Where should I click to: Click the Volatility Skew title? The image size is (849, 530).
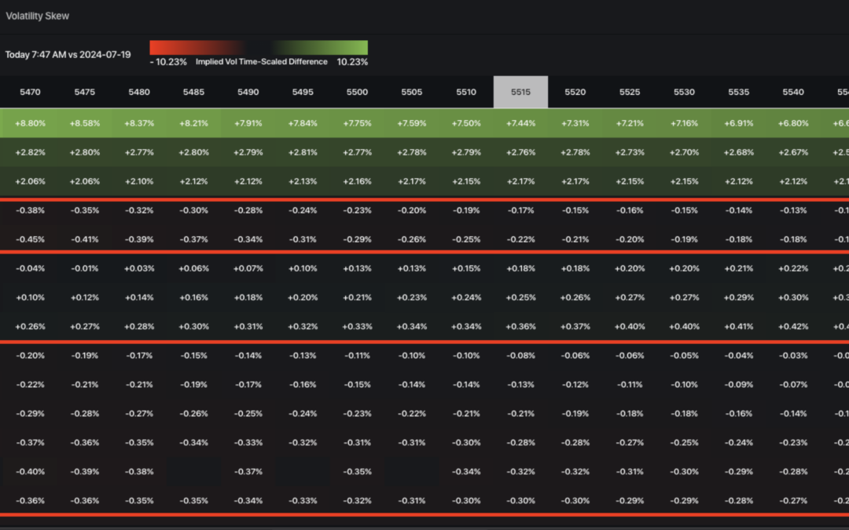(x=38, y=16)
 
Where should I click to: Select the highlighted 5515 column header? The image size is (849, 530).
(x=520, y=92)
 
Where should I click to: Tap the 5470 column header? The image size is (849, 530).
(x=30, y=92)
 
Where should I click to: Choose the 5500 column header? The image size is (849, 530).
(x=357, y=92)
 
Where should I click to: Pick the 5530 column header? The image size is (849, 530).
(x=684, y=92)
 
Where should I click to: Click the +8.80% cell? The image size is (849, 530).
(x=30, y=123)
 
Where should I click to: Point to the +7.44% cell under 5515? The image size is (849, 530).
(x=520, y=123)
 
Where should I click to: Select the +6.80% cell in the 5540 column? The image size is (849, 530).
(x=793, y=123)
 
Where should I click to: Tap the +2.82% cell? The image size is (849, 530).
(x=30, y=152)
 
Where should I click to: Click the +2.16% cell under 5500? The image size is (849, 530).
(x=357, y=181)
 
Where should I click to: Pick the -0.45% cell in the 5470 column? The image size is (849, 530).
(x=30, y=239)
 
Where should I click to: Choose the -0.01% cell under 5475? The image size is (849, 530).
(x=84, y=269)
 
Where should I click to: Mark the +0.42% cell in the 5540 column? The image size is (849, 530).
(x=793, y=327)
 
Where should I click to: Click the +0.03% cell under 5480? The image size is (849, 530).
(x=139, y=269)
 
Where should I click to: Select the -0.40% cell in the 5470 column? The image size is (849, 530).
(x=30, y=471)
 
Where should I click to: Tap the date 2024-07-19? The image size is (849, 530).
(x=105, y=55)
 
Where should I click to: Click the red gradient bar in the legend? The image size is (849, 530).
(x=197, y=47)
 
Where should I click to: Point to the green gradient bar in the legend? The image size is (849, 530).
(x=321, y=47)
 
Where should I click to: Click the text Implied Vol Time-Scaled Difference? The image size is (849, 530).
(x=262, y=62)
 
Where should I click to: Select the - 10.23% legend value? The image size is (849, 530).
(x=168, y=62)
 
